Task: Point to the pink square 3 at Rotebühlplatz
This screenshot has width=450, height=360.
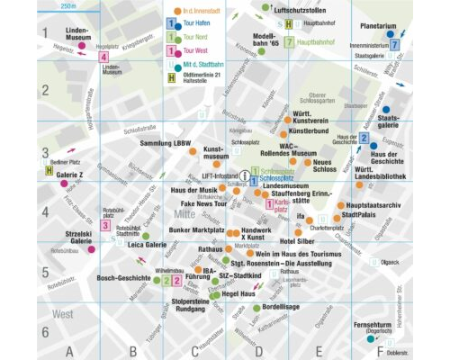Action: point(106,226)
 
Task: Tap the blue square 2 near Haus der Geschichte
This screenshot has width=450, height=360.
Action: point(364,139)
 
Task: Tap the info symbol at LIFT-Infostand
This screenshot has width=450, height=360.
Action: point(244,177)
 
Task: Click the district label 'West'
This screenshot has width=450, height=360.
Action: point(62,315)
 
